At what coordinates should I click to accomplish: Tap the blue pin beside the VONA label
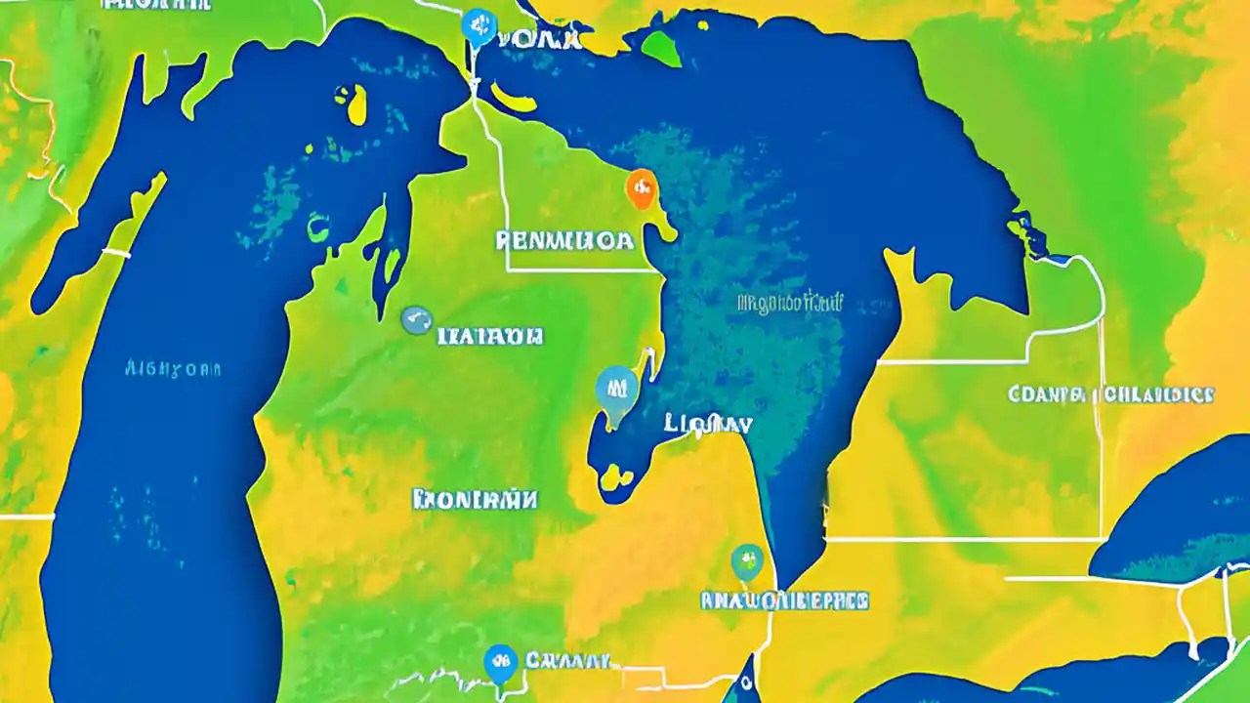pyautogui.click(x=478, y=26)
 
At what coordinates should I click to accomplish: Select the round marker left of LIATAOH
pyautogui.click(x=417, y=320)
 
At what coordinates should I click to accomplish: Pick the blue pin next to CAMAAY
pyautogui.click(x=500, y=662)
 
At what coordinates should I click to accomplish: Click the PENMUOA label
pyautogui.click(x=564, y=240)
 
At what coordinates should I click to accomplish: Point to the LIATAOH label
pyautogui.click(x=490, y=337)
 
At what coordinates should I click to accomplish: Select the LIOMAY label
pyautogui.click(x=707, y=424)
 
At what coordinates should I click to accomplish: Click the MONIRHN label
pyautogui.click(x=476, y=500)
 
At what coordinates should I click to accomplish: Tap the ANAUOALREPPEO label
pyautogui.click(x=785, y=600)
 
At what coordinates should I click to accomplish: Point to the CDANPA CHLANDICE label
pyautogui.click(x=1110, y=394)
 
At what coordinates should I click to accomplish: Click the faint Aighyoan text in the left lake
pyautogui.click(x=174, y=369)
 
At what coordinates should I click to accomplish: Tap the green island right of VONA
pyautogui.click(x=662, y=45)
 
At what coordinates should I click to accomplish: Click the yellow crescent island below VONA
pyautogui.click(x=516, y=98)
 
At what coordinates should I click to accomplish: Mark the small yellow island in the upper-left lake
pyautogui.click(x=353, y=103)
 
